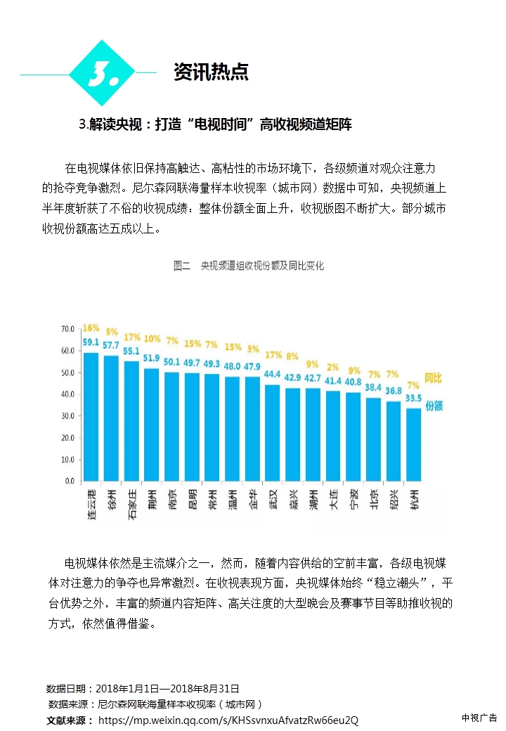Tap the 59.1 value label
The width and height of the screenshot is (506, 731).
pos(91,343)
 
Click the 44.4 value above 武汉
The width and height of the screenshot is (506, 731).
pos(273,375)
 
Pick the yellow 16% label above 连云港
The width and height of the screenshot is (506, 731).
pos(91,328)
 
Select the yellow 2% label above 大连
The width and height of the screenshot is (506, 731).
pos(333,368)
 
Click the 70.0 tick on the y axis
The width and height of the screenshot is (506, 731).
pos(67,329)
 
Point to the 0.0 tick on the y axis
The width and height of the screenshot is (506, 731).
pos(70,481)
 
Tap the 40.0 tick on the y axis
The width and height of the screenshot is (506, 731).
pos(67,394)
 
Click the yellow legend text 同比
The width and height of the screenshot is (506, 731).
pos(434,379)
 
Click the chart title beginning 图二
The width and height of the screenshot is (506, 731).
pos(248,266)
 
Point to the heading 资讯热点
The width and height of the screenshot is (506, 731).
pos(211,72)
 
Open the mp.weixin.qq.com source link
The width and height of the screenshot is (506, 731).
pos(228,720)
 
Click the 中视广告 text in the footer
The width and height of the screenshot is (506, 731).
pos(479,718)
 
